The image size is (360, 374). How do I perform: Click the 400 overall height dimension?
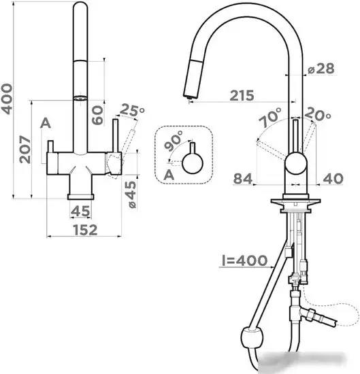[6, 99]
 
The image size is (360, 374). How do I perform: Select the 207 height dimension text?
[25, 150]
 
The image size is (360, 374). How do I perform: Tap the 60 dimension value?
[98, 115]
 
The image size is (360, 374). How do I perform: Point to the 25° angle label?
[132, 110]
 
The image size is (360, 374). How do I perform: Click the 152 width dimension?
[86, 230]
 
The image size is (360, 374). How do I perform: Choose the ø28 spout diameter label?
[321, 69]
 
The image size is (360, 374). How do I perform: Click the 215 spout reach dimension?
[242, 95]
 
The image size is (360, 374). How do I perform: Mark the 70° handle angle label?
[270, 118]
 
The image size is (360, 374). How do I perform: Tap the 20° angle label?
[318, 114]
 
